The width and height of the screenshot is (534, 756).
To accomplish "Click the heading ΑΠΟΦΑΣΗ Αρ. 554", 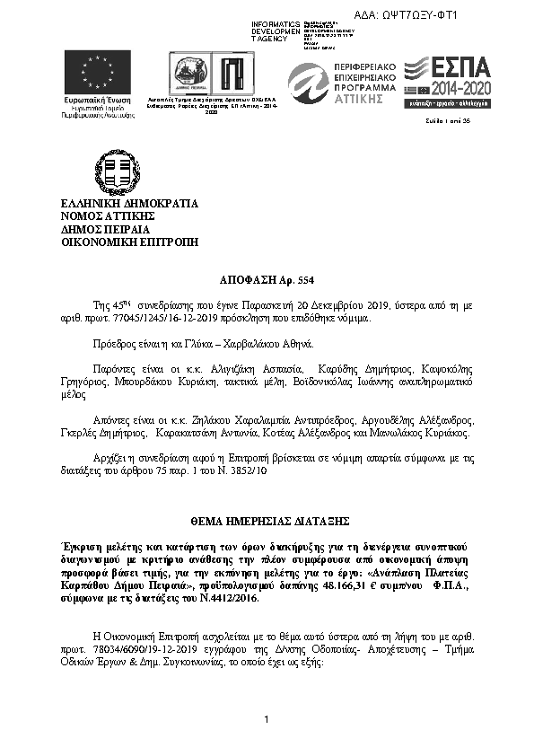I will point(267,281).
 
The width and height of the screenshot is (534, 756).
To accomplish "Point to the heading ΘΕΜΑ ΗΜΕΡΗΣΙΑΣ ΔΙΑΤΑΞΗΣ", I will point(267,521).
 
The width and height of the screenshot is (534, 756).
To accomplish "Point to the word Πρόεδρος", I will point(116,344).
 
